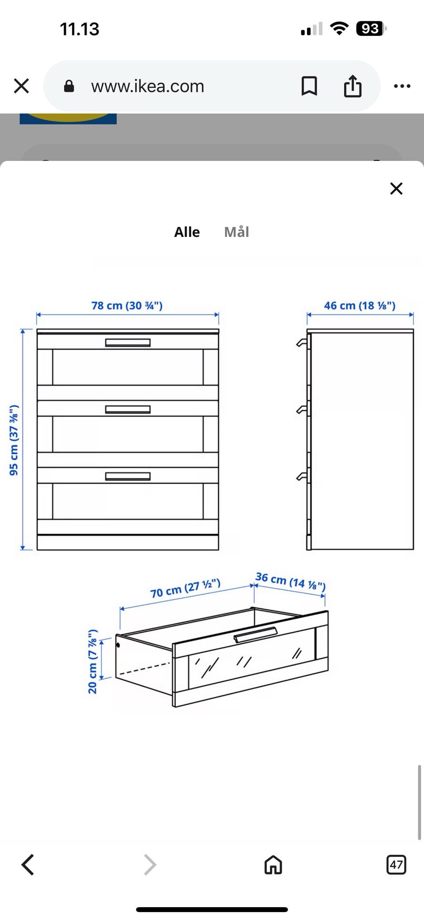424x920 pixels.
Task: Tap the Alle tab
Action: click(187, 232)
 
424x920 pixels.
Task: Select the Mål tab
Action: click(237, 232)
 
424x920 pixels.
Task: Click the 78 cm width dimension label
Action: click(127, 305)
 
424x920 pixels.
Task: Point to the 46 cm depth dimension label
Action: click(360, 305)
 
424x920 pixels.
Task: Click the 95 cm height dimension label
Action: click(14, 440)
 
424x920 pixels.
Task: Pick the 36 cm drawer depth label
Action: click(290, 581)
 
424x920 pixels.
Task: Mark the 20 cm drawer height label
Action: click(93, 661)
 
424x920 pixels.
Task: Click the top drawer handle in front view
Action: click(128, 343)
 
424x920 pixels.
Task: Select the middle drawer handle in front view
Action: click(128, 410)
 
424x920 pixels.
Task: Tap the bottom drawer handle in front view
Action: click(128, 476)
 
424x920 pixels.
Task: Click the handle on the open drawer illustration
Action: click(255, 634)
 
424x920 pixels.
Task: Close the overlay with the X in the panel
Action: click(396, 189)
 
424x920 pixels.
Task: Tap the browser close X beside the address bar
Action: click(21, 86)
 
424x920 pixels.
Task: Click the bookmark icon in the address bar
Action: click(309, 86)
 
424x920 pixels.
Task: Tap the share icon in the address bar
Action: click(352, 85)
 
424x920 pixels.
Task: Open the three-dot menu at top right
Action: click(402, 86)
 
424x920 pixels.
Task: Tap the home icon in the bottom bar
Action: click(273, 864)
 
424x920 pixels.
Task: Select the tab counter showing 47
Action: click(396, 864)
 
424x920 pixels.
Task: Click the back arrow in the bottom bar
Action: click(27, 864)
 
